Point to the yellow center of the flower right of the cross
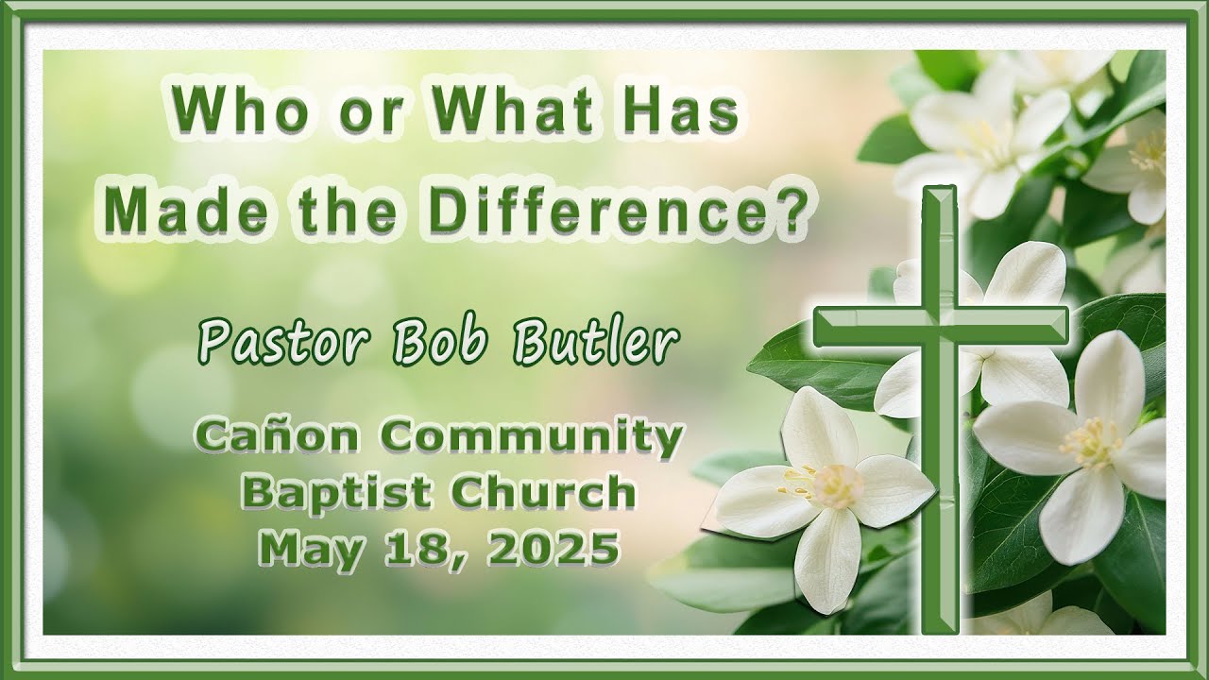[x=1092, y=443]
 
